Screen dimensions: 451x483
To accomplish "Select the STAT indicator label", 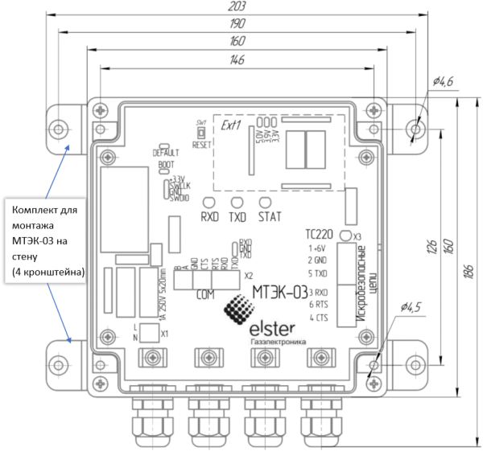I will [269, 217].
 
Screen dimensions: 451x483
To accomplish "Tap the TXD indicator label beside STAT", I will [238, 217].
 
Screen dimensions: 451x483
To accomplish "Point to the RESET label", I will [201, 145].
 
